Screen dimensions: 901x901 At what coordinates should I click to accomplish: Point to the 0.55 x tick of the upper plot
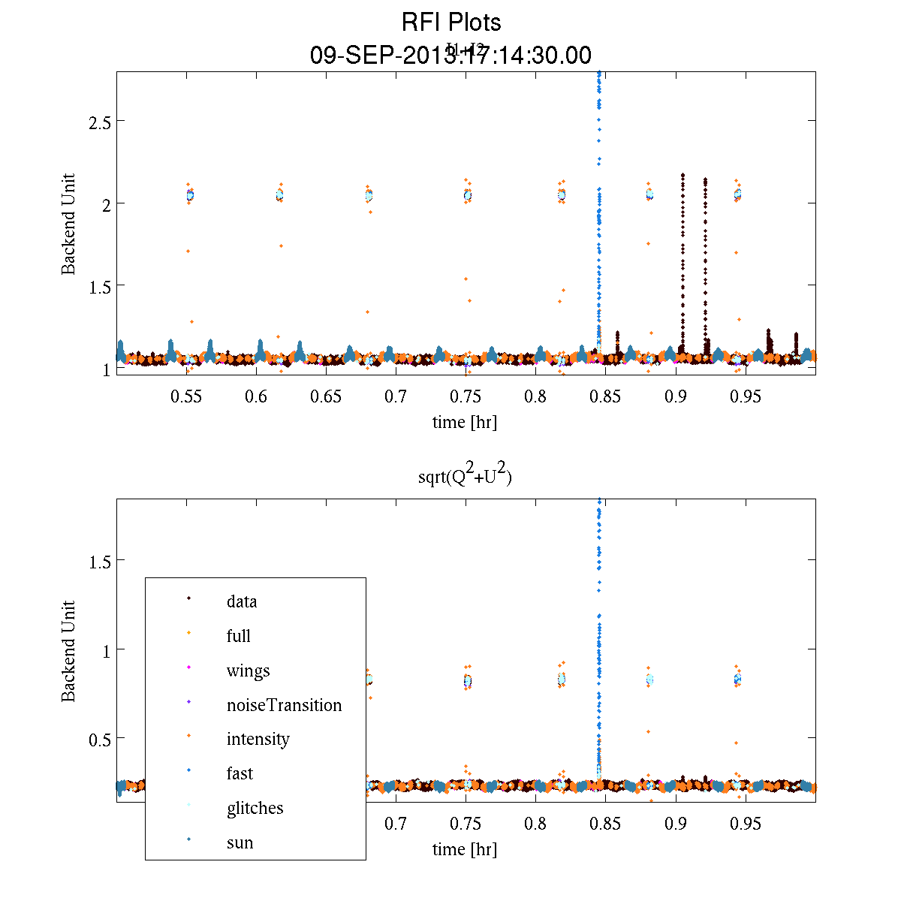click(186, 396)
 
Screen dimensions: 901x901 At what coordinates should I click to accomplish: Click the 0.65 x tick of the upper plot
click(326, 396)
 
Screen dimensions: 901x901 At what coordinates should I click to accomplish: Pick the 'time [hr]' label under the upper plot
click(465, 422)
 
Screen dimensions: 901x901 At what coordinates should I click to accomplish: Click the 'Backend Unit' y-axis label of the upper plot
click(68, 224)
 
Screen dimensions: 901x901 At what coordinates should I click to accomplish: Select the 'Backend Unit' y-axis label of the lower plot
click(68, 651)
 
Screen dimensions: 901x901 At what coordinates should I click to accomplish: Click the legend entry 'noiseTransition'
click(284, 705)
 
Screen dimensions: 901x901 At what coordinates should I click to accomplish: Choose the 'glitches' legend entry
click(255, 808)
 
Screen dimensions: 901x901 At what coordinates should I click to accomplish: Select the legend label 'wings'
click(248, 670)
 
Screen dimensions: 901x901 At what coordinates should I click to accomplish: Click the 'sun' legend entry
click(240, 842)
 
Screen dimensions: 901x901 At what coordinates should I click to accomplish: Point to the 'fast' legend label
click(240, 773)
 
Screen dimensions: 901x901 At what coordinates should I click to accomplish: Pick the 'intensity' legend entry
click(258, 739)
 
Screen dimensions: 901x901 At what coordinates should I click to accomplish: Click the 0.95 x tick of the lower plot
click(746, 824)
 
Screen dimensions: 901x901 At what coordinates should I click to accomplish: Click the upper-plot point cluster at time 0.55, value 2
click(190, 195)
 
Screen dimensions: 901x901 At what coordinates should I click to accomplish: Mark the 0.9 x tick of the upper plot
click(676, 396)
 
